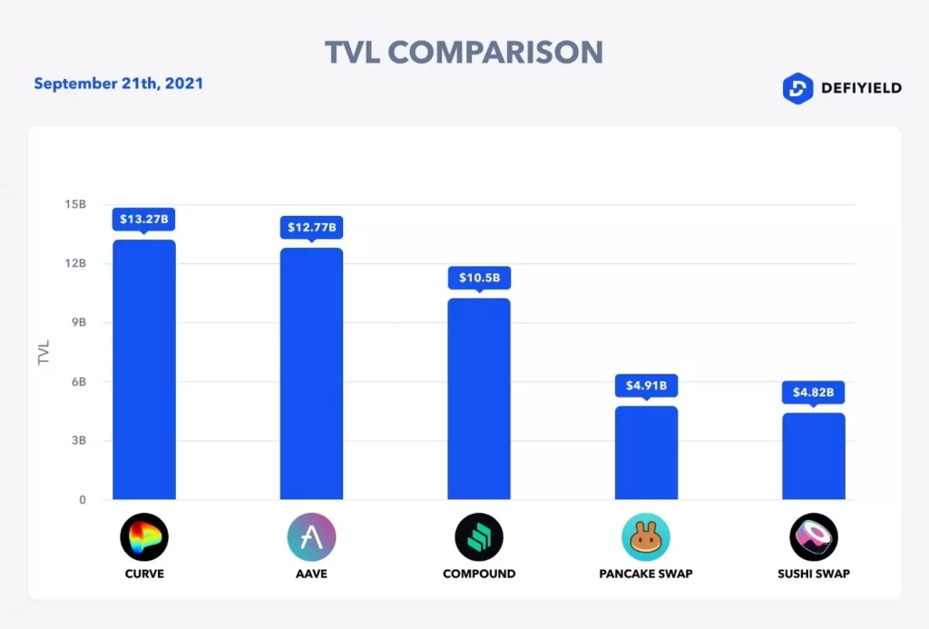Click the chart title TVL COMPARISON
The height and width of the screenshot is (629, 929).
coord(464,52)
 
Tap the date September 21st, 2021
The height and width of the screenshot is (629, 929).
coord(119,84)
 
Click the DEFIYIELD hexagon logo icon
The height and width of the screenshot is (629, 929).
coord(797,88)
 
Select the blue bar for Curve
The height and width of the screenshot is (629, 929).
coord(144,369)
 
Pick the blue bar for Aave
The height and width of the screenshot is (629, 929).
coord(311,373)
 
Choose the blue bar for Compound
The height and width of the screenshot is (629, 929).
coord(479,398)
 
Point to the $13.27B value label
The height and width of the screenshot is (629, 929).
coord(144,219)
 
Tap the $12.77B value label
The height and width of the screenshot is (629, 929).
coord(311,227)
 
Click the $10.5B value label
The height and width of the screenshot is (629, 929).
coord(479,277)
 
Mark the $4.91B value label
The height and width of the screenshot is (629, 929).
coord(646,385)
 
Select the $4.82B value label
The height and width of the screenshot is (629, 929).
coord(814,392)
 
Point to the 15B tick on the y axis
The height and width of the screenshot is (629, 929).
coord(76,204)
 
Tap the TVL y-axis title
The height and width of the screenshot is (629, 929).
coord(44,352)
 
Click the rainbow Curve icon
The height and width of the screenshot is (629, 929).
coord(144,536)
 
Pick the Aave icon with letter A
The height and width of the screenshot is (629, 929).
coord(311,536)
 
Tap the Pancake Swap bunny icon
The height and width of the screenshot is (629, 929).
coord(646,536)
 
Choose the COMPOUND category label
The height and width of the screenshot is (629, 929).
coord(479,574)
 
